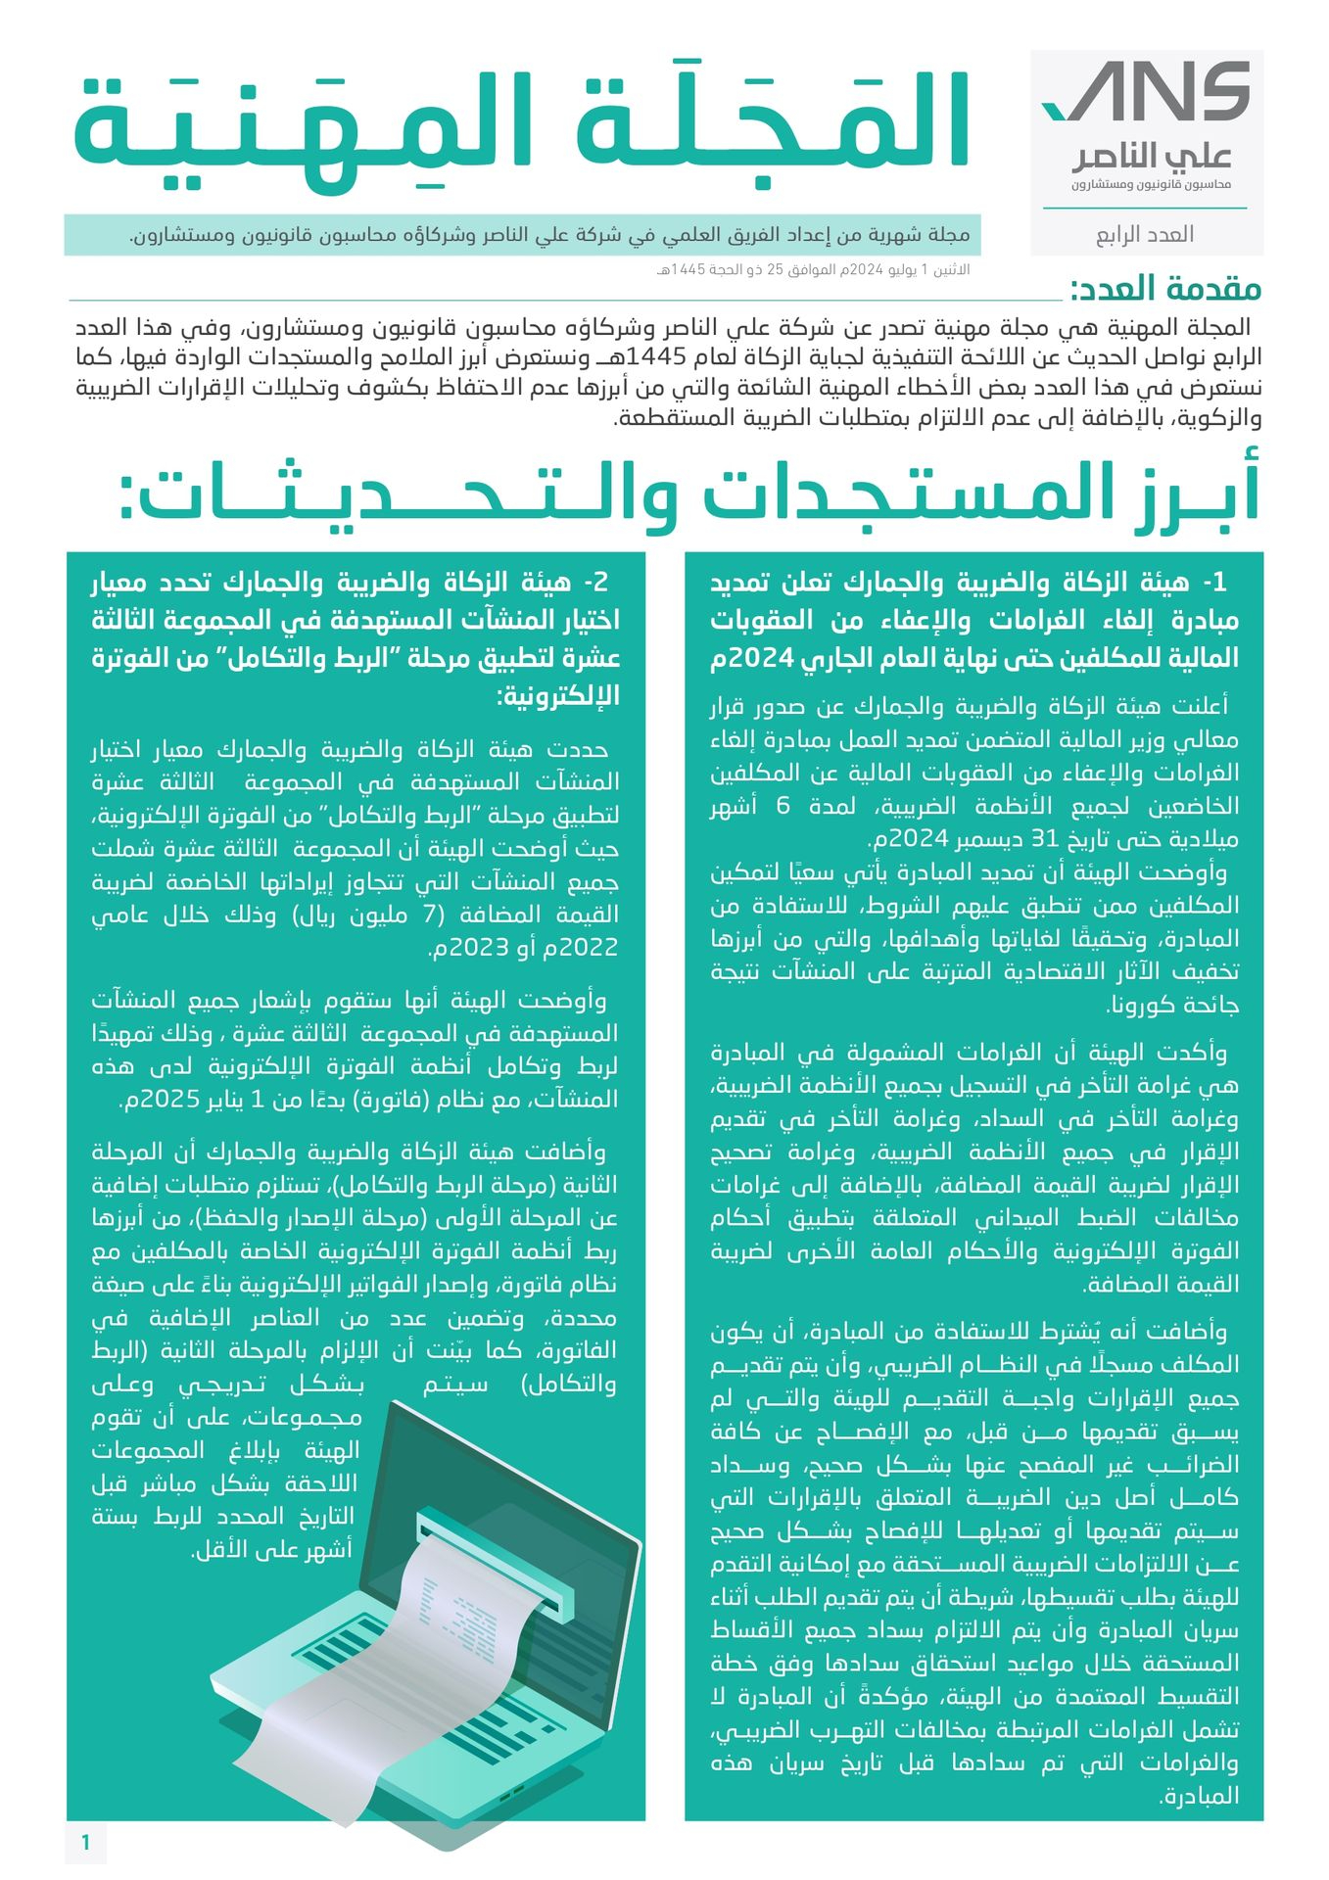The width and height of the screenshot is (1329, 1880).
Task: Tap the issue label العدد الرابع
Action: tap(1144, 235)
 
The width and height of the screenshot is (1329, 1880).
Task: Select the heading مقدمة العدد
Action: tap(1165, 290)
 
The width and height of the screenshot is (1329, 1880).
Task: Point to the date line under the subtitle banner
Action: tap(813, 269)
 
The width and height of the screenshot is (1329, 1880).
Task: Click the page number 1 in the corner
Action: tap(86, 1843)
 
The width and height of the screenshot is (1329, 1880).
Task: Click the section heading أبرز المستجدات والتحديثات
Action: tap(689, 495)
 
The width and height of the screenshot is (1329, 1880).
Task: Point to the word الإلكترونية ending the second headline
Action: tap(558, 696)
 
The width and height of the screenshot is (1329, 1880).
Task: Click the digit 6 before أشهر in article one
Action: tap(783, 806)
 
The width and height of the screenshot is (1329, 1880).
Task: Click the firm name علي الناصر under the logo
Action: tap(1152, 157)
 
